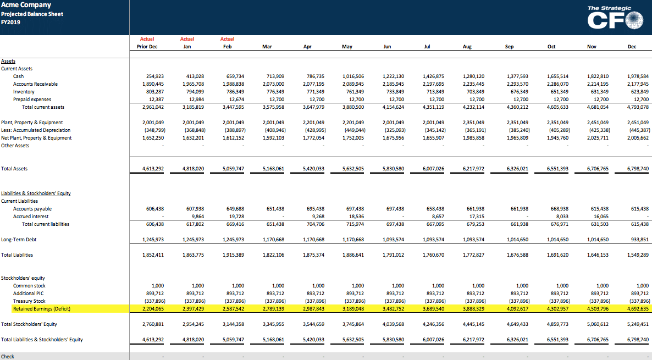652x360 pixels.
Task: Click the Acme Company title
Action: pos(26,5)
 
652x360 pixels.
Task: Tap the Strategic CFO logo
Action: pos(615,18)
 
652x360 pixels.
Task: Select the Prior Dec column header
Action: pos(147,47)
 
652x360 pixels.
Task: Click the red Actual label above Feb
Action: pos(228,39)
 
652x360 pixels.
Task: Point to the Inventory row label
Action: pos(24,92)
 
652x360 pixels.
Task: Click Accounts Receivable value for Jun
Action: pos(393,84)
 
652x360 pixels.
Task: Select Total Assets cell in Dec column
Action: pos(638,169)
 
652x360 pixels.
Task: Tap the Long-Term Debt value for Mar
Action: pos(273,240)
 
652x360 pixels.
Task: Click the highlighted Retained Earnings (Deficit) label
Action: pos(42,309)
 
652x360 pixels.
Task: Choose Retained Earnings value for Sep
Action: pos(517,309)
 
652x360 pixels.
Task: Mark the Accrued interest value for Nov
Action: pos(600,217)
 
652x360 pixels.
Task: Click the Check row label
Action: pos(8,357)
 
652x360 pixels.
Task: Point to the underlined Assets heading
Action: pos(8,61)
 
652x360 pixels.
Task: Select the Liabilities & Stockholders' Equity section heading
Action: pos(36,193)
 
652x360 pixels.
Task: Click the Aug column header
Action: pos(467,47)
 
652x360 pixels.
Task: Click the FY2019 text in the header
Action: pos(10,22)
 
